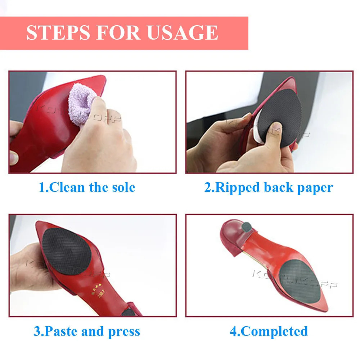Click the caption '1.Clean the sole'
(87, 188)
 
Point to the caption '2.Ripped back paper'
(269, 188)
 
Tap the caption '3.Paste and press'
(87, 331)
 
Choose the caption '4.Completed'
(269, 331)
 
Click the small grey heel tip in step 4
(247, 227)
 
